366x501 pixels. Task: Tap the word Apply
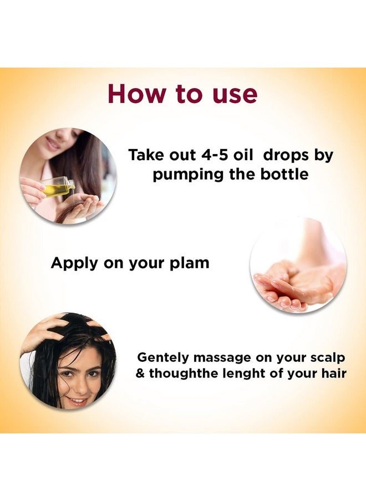[73, 263]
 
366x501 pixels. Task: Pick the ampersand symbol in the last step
[140, 374]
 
